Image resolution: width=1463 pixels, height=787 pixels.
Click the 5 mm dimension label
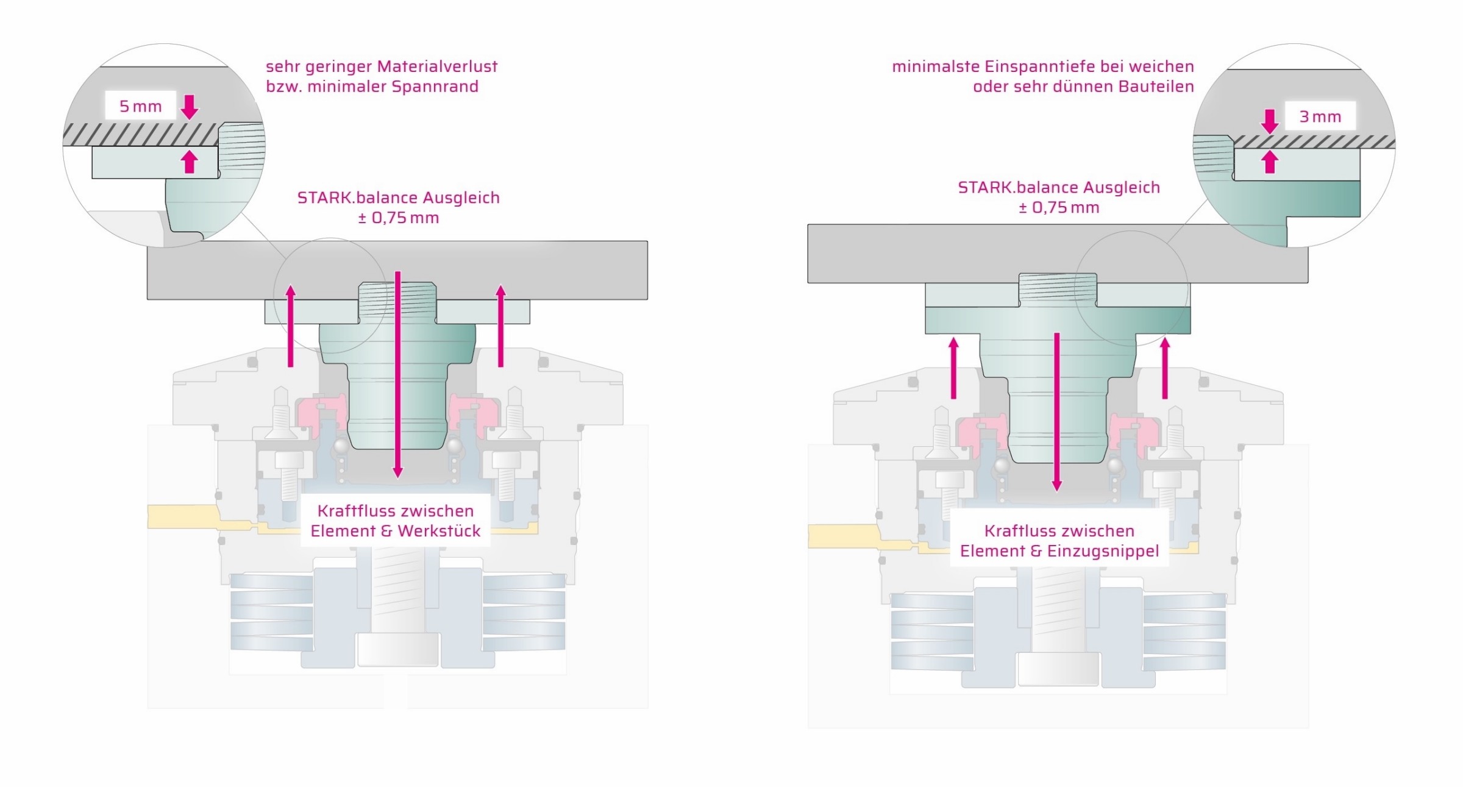(140, 107)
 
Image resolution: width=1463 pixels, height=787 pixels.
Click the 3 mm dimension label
(1320, 116)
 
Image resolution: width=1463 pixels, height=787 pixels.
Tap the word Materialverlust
(437, 66)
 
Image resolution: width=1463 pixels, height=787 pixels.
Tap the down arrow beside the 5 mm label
(190, 107)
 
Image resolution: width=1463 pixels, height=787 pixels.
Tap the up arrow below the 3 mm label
(1270, 162)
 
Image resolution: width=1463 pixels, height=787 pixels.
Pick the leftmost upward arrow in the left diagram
(291, 326)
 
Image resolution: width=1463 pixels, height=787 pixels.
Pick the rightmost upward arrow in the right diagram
(1165, 368)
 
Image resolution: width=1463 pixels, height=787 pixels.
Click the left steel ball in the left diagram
(341, 447)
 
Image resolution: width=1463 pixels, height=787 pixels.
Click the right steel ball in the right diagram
(1115, 466)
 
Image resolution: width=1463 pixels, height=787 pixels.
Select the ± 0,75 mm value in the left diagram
(398, 218)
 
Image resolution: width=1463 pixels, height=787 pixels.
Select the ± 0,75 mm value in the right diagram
(1059, 208)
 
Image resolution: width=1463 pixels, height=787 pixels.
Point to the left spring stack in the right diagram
(931, 632)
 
